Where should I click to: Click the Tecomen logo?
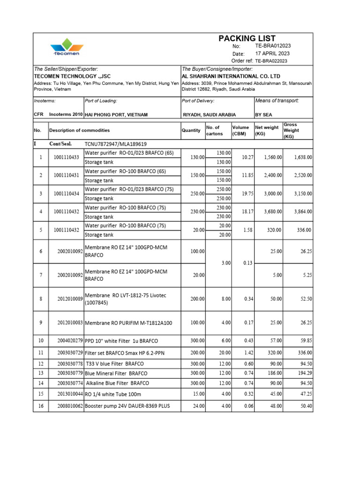67,47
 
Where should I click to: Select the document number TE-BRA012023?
273,46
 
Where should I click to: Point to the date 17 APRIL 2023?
270,53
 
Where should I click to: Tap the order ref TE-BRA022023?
271,61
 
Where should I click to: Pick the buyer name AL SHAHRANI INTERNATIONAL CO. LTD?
231,76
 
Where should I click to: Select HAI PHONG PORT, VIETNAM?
116,115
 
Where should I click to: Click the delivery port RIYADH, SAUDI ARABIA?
209,115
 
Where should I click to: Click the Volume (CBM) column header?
240,130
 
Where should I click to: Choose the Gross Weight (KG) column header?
291,130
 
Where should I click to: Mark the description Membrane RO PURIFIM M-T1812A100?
128,323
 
